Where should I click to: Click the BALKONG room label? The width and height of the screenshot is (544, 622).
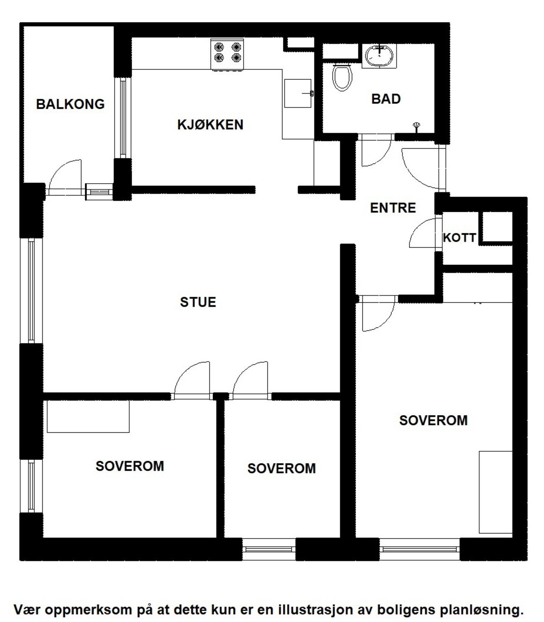[70, 104]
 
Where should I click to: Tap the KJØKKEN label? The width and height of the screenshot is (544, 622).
[210, 125]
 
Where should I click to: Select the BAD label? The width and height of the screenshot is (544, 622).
[386, 99]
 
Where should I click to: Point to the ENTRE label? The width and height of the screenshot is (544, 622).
[393, 208]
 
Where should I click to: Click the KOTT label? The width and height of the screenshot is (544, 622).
[459, 238]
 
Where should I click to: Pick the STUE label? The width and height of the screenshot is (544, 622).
[198, 302]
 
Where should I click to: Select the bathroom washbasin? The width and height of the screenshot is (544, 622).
[379, 55]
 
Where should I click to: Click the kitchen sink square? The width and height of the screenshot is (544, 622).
[298, 93]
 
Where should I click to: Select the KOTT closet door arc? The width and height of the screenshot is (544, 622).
[422, 234]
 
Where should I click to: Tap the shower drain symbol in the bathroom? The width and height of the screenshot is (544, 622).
[417, 126]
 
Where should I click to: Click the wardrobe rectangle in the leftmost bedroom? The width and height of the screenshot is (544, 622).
[88, 416]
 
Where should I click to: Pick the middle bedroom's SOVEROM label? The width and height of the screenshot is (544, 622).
[282, 469]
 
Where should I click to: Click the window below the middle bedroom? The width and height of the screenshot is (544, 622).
[269, 549]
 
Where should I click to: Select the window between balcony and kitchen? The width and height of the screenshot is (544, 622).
[123, 117]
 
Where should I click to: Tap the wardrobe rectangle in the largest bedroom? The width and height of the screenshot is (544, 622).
[495, 492]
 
